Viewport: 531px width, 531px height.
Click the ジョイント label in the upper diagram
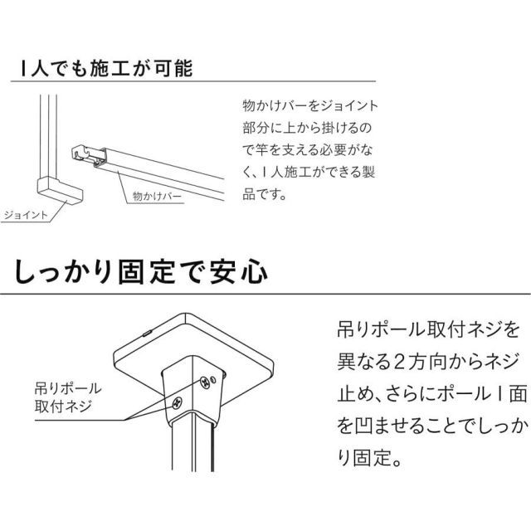click(23, 214)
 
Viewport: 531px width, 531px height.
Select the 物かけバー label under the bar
click(158, 197)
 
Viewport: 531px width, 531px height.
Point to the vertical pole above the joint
click(46, 133)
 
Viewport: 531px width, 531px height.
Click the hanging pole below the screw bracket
click(195, 473)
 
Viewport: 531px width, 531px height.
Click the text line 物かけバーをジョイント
click(309, 107)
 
